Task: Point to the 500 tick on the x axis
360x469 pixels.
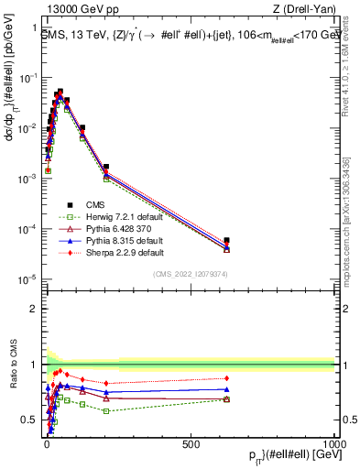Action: [x=191, y=444]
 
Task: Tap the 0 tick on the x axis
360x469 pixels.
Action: [x=46, y=444]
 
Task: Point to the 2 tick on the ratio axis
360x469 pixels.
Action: [x=33, y=309]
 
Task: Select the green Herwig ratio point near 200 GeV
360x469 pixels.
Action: [x=106, y=410]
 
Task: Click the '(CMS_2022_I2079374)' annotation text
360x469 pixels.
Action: [x=189, y=272]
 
